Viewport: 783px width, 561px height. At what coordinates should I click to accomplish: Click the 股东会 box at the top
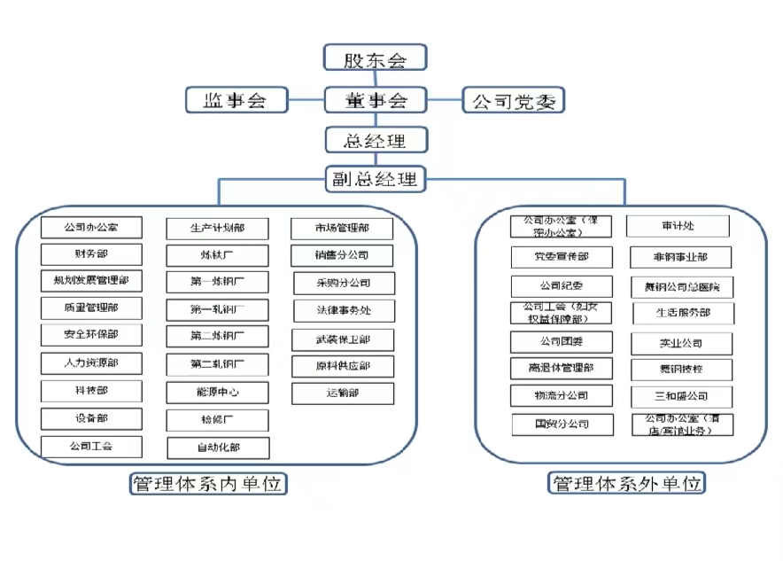pos(376,59)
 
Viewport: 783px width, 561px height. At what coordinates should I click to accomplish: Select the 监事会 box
pos(236,100)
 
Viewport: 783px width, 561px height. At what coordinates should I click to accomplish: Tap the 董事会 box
pos(376,100)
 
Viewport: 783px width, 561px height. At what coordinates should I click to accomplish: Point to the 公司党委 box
pos(514,100)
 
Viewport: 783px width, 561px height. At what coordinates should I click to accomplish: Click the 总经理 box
pos(376,140)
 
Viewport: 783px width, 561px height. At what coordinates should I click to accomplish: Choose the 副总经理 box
pos(376,180)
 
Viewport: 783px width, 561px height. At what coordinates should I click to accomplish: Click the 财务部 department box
pos(91,255)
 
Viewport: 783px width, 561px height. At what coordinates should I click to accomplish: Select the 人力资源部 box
pos(91,362)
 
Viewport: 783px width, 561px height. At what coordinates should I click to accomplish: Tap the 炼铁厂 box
pos(217,255)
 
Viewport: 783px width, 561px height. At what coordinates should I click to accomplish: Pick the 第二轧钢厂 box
pos(217,363)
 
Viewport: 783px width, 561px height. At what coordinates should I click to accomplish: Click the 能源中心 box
pos(217,392)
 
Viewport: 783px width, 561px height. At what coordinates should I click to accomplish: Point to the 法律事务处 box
pos(343,310)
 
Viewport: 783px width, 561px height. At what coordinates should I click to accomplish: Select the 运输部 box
pos(343,393)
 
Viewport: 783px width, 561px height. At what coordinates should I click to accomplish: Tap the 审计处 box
pos(678,226)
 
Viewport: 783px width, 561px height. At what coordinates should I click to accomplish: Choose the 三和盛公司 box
pos(681,396)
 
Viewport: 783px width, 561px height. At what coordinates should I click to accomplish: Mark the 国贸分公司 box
pos(562,424)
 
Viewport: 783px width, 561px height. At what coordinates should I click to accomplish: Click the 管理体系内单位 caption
pos(209,484)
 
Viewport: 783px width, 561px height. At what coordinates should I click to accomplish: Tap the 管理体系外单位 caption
pos(628,484)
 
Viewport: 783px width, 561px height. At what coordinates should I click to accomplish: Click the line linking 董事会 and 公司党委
pos(445,100)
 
